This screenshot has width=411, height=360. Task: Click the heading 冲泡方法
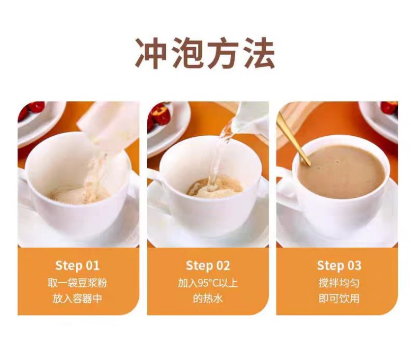tap(205, 52)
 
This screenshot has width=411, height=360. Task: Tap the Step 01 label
tap(77, 266)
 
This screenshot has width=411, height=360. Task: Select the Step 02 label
tap(208, 266)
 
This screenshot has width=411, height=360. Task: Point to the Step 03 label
tap(339, 266)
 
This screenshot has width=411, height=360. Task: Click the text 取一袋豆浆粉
tap(77, 283)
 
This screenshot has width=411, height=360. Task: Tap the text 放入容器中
tap(77, 298)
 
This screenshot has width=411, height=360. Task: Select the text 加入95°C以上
tap(208, 283)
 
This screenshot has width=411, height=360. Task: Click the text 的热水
tap(208, 298)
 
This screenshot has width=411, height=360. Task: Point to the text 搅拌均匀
tap(339, 283)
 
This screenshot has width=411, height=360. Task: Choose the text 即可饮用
tap(339, 298)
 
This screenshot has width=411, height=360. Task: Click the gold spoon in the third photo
tap(293, 138)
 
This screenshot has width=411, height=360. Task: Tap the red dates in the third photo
tap(389, 108)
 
